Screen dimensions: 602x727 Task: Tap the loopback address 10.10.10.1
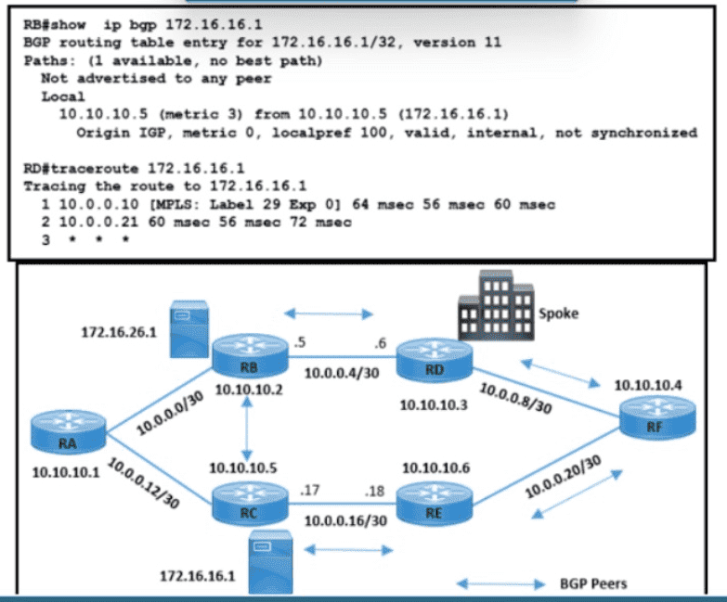[65, 471]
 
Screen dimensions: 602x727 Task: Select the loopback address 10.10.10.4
[648, 383]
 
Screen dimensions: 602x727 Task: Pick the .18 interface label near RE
[375, 489]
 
